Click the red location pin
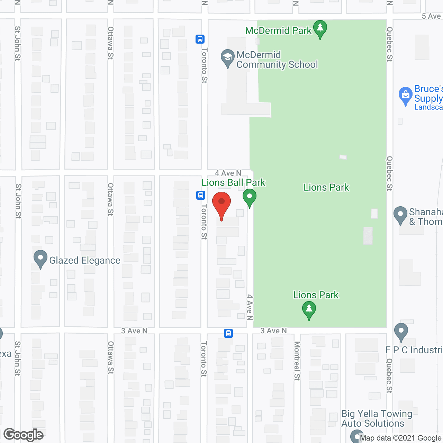tap(221, 204)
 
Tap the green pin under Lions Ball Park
tap(249, 197)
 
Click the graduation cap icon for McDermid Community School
tap(227, 58)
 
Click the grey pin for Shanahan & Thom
tap(400, 214)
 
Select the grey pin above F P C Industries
tap(401, 331)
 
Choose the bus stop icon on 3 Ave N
tap(228, 333)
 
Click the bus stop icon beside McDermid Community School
tap(200, 39)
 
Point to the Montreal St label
tap(297, 361)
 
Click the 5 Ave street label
tap(431, 16)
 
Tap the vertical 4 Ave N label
tap(250, 307)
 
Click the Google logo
tap(24, 435)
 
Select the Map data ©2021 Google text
tap(400, 438)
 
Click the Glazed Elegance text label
tap(85, 260)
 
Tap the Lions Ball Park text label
tap(233, 182)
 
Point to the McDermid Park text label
tap(278, 30)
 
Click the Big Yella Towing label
tap(377, 414)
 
